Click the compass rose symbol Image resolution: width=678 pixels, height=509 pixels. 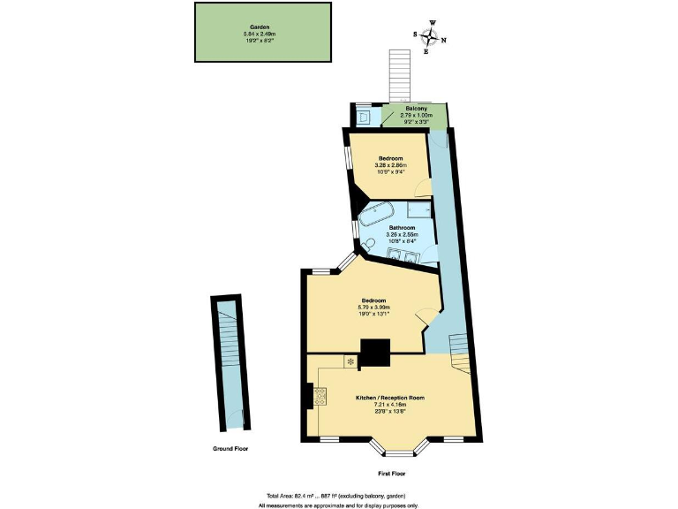[x=431, y=37]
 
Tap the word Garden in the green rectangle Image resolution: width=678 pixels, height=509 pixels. [x=260, y=27]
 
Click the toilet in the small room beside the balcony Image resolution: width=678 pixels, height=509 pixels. [x=365, y=116]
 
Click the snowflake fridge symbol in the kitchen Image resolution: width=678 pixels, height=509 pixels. [x=350, y=361]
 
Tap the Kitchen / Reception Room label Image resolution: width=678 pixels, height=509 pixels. [x=390, y=398]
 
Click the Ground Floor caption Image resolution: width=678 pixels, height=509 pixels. [x=230, y=449]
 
